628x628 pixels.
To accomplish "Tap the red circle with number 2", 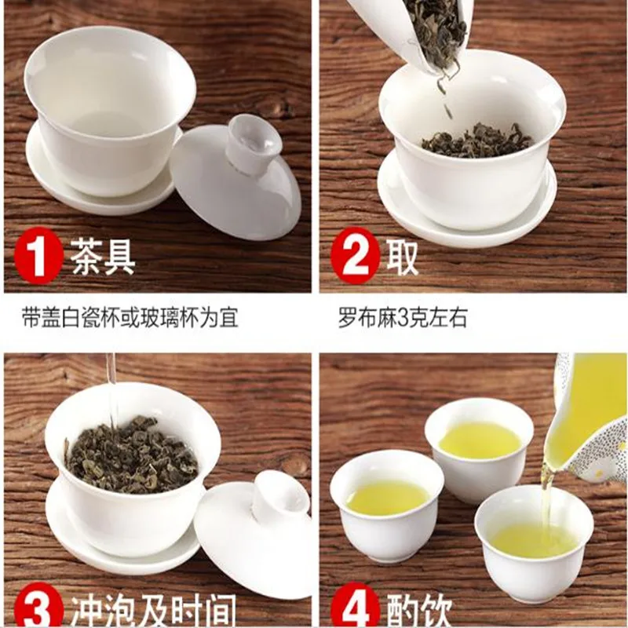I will coord(355,255).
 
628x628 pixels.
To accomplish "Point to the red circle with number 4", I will coord(355,606).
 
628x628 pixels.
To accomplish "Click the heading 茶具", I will coord(103,256).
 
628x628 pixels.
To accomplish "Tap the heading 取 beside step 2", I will coord(402,256).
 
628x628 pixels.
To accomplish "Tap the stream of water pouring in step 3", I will coord(111,385).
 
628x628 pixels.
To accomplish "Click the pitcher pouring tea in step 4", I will coord(589,420).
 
